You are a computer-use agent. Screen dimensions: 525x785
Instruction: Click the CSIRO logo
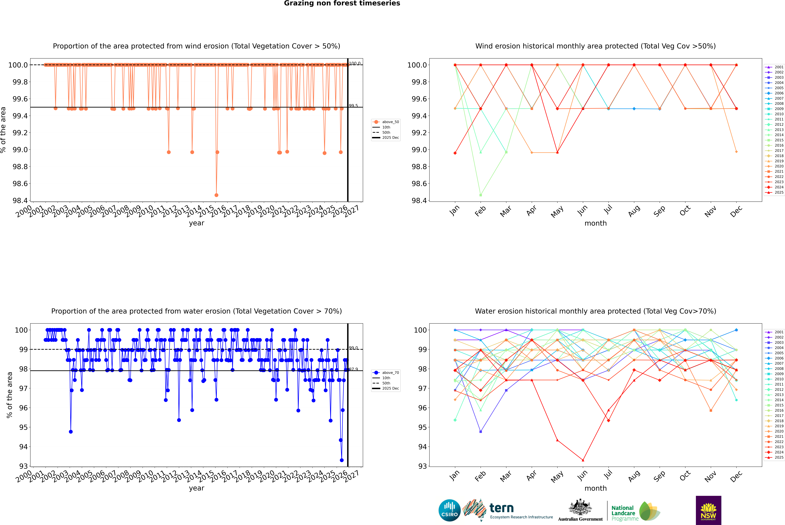point(449,510)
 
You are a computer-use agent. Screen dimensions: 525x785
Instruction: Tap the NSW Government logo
point(708,510)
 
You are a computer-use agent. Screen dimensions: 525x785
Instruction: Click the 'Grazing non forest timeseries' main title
point(342,3)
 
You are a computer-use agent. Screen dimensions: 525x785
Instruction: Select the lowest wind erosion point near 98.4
point(216,195)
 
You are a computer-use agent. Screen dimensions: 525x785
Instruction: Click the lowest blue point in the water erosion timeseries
point(342,460)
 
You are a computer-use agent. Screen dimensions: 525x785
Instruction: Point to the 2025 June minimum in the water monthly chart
point(583,460)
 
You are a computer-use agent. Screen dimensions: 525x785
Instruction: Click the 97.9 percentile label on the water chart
point(353,369)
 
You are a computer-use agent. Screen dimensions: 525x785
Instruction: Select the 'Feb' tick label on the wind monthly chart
point(480,211)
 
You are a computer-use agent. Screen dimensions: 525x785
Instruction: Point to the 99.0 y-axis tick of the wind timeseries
point(20,150)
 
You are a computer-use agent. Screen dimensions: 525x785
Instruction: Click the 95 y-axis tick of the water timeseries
point(23,427)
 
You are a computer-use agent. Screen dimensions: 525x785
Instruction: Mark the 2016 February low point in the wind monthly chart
point(480,195)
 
